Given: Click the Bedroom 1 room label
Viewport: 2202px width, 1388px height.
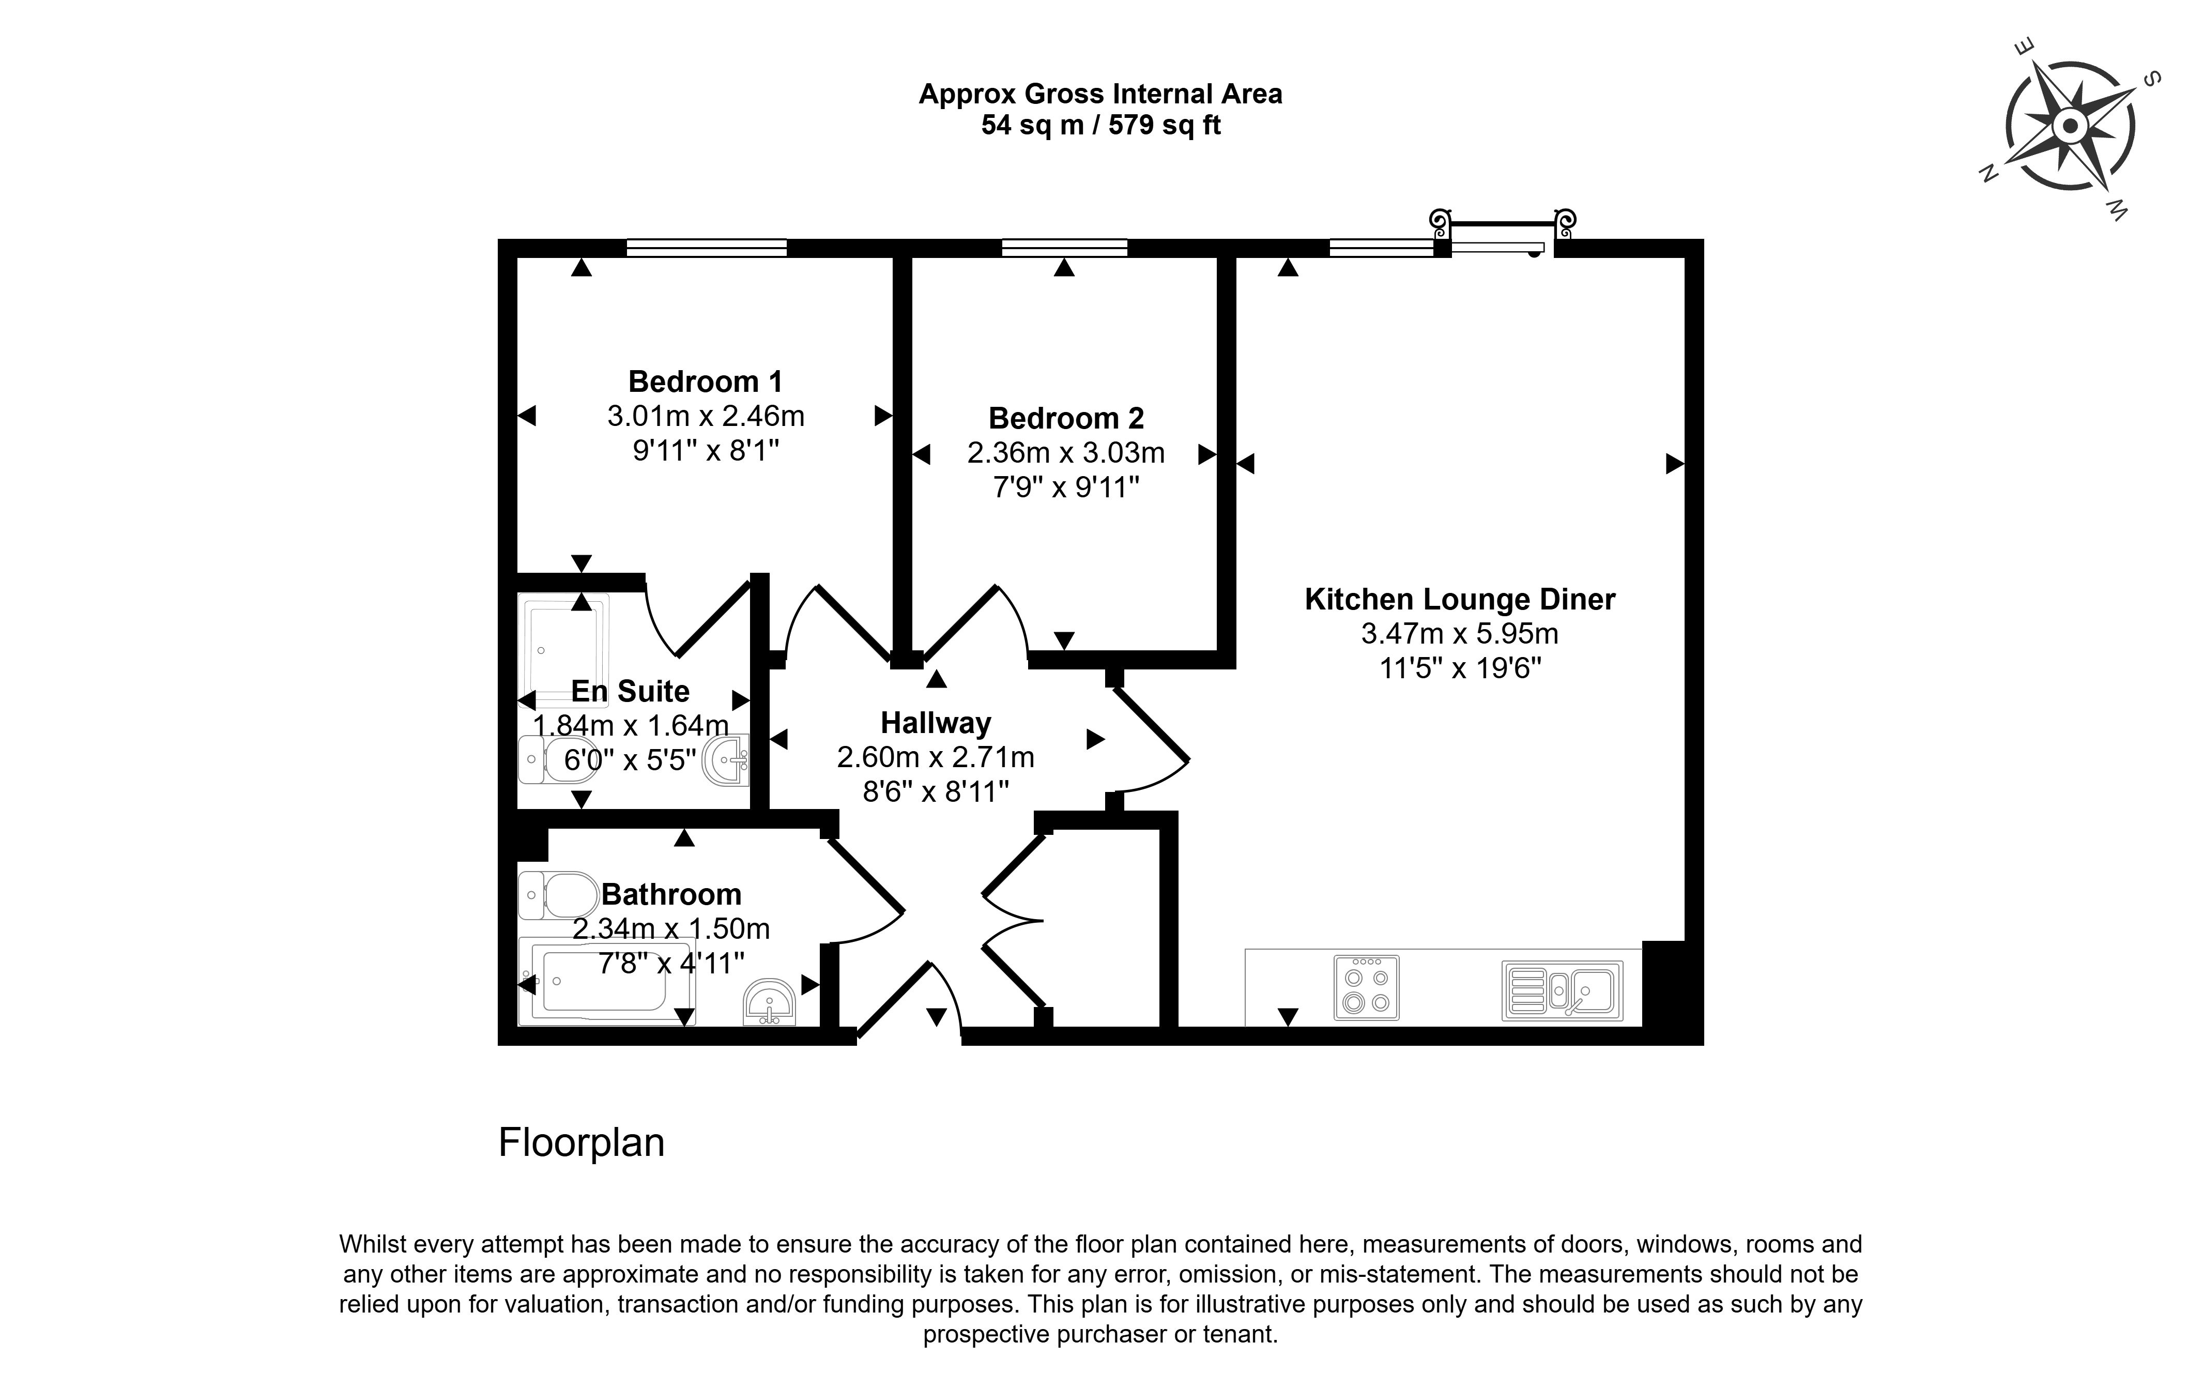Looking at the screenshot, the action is click(705, 382).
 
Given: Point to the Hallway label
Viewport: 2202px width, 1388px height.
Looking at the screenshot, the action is click(936, 723).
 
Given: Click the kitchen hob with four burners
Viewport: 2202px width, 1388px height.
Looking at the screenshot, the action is click(1366, 987).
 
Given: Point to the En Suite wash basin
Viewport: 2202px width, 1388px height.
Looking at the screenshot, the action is click(727, 759).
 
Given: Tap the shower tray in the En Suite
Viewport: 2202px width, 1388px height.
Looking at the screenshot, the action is click(563, 651).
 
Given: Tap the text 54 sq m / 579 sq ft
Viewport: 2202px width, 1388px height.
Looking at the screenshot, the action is click(1101, 125).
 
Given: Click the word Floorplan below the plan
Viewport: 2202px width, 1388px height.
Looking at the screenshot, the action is click(582, 1143).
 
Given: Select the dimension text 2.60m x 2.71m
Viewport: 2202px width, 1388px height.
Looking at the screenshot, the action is click(936, 757).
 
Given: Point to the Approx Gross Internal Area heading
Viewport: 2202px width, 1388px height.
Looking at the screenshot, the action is click(1101, 94).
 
